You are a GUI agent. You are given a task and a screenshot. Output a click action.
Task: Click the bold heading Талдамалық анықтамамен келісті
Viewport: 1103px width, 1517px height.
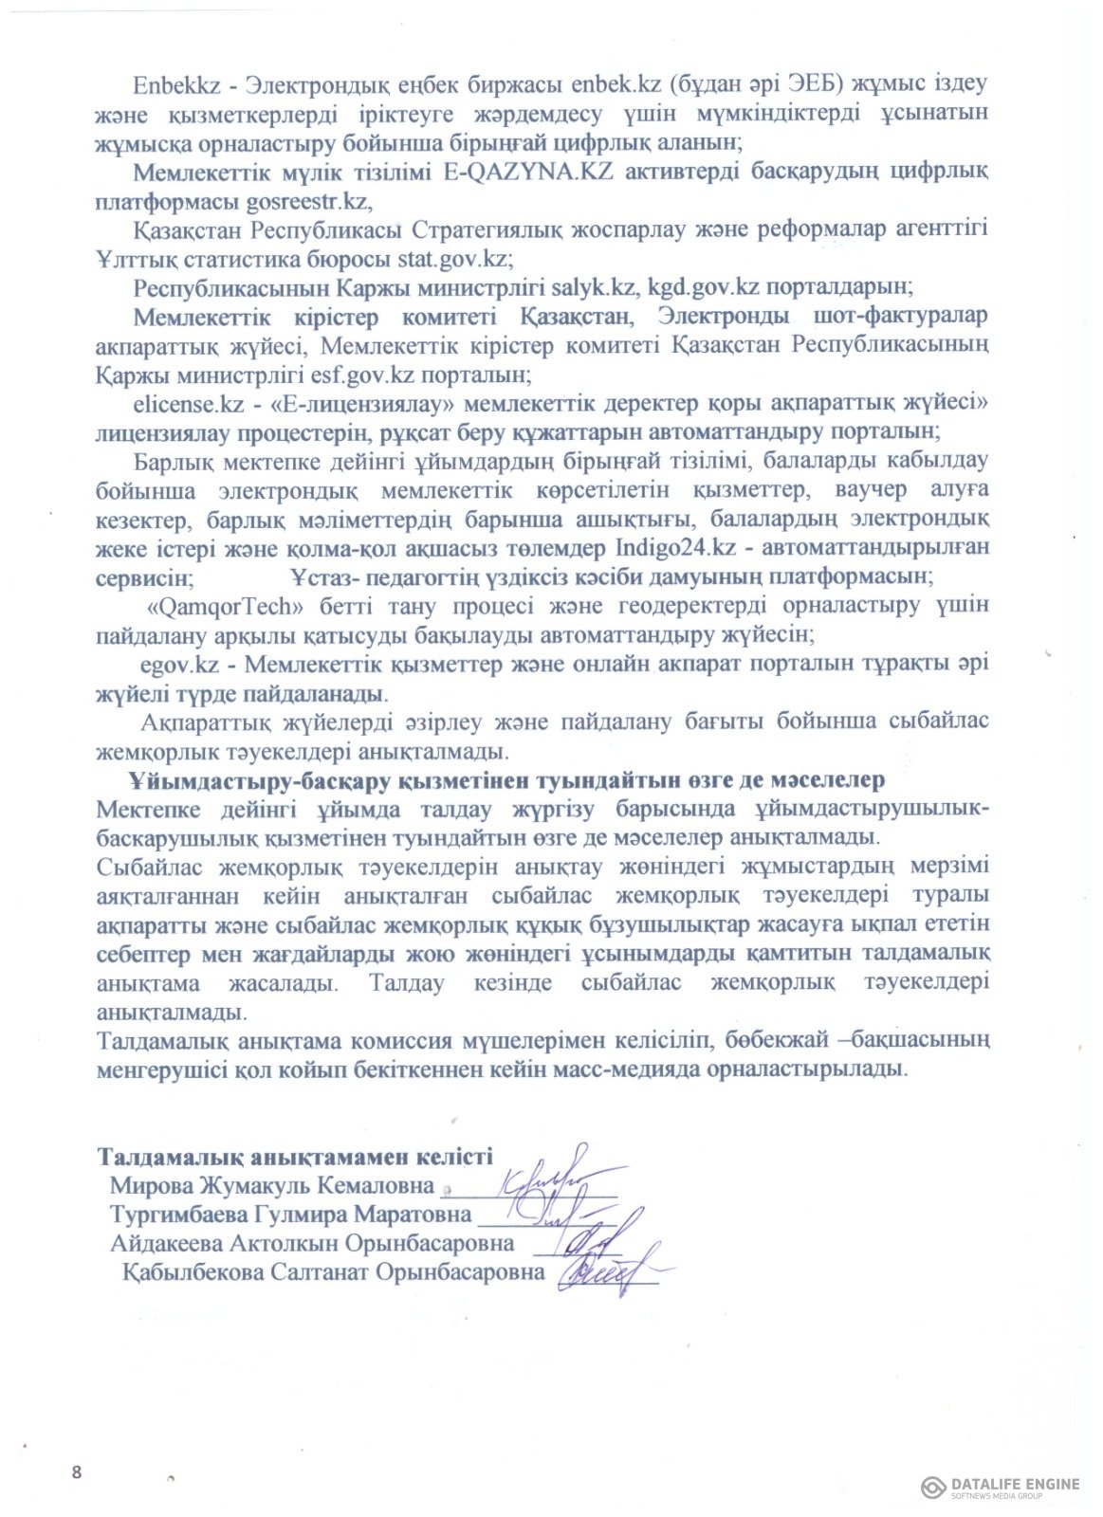click(x=295, y=1157)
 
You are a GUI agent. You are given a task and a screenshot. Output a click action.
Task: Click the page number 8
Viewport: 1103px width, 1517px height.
click(x=77, y=1471)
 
